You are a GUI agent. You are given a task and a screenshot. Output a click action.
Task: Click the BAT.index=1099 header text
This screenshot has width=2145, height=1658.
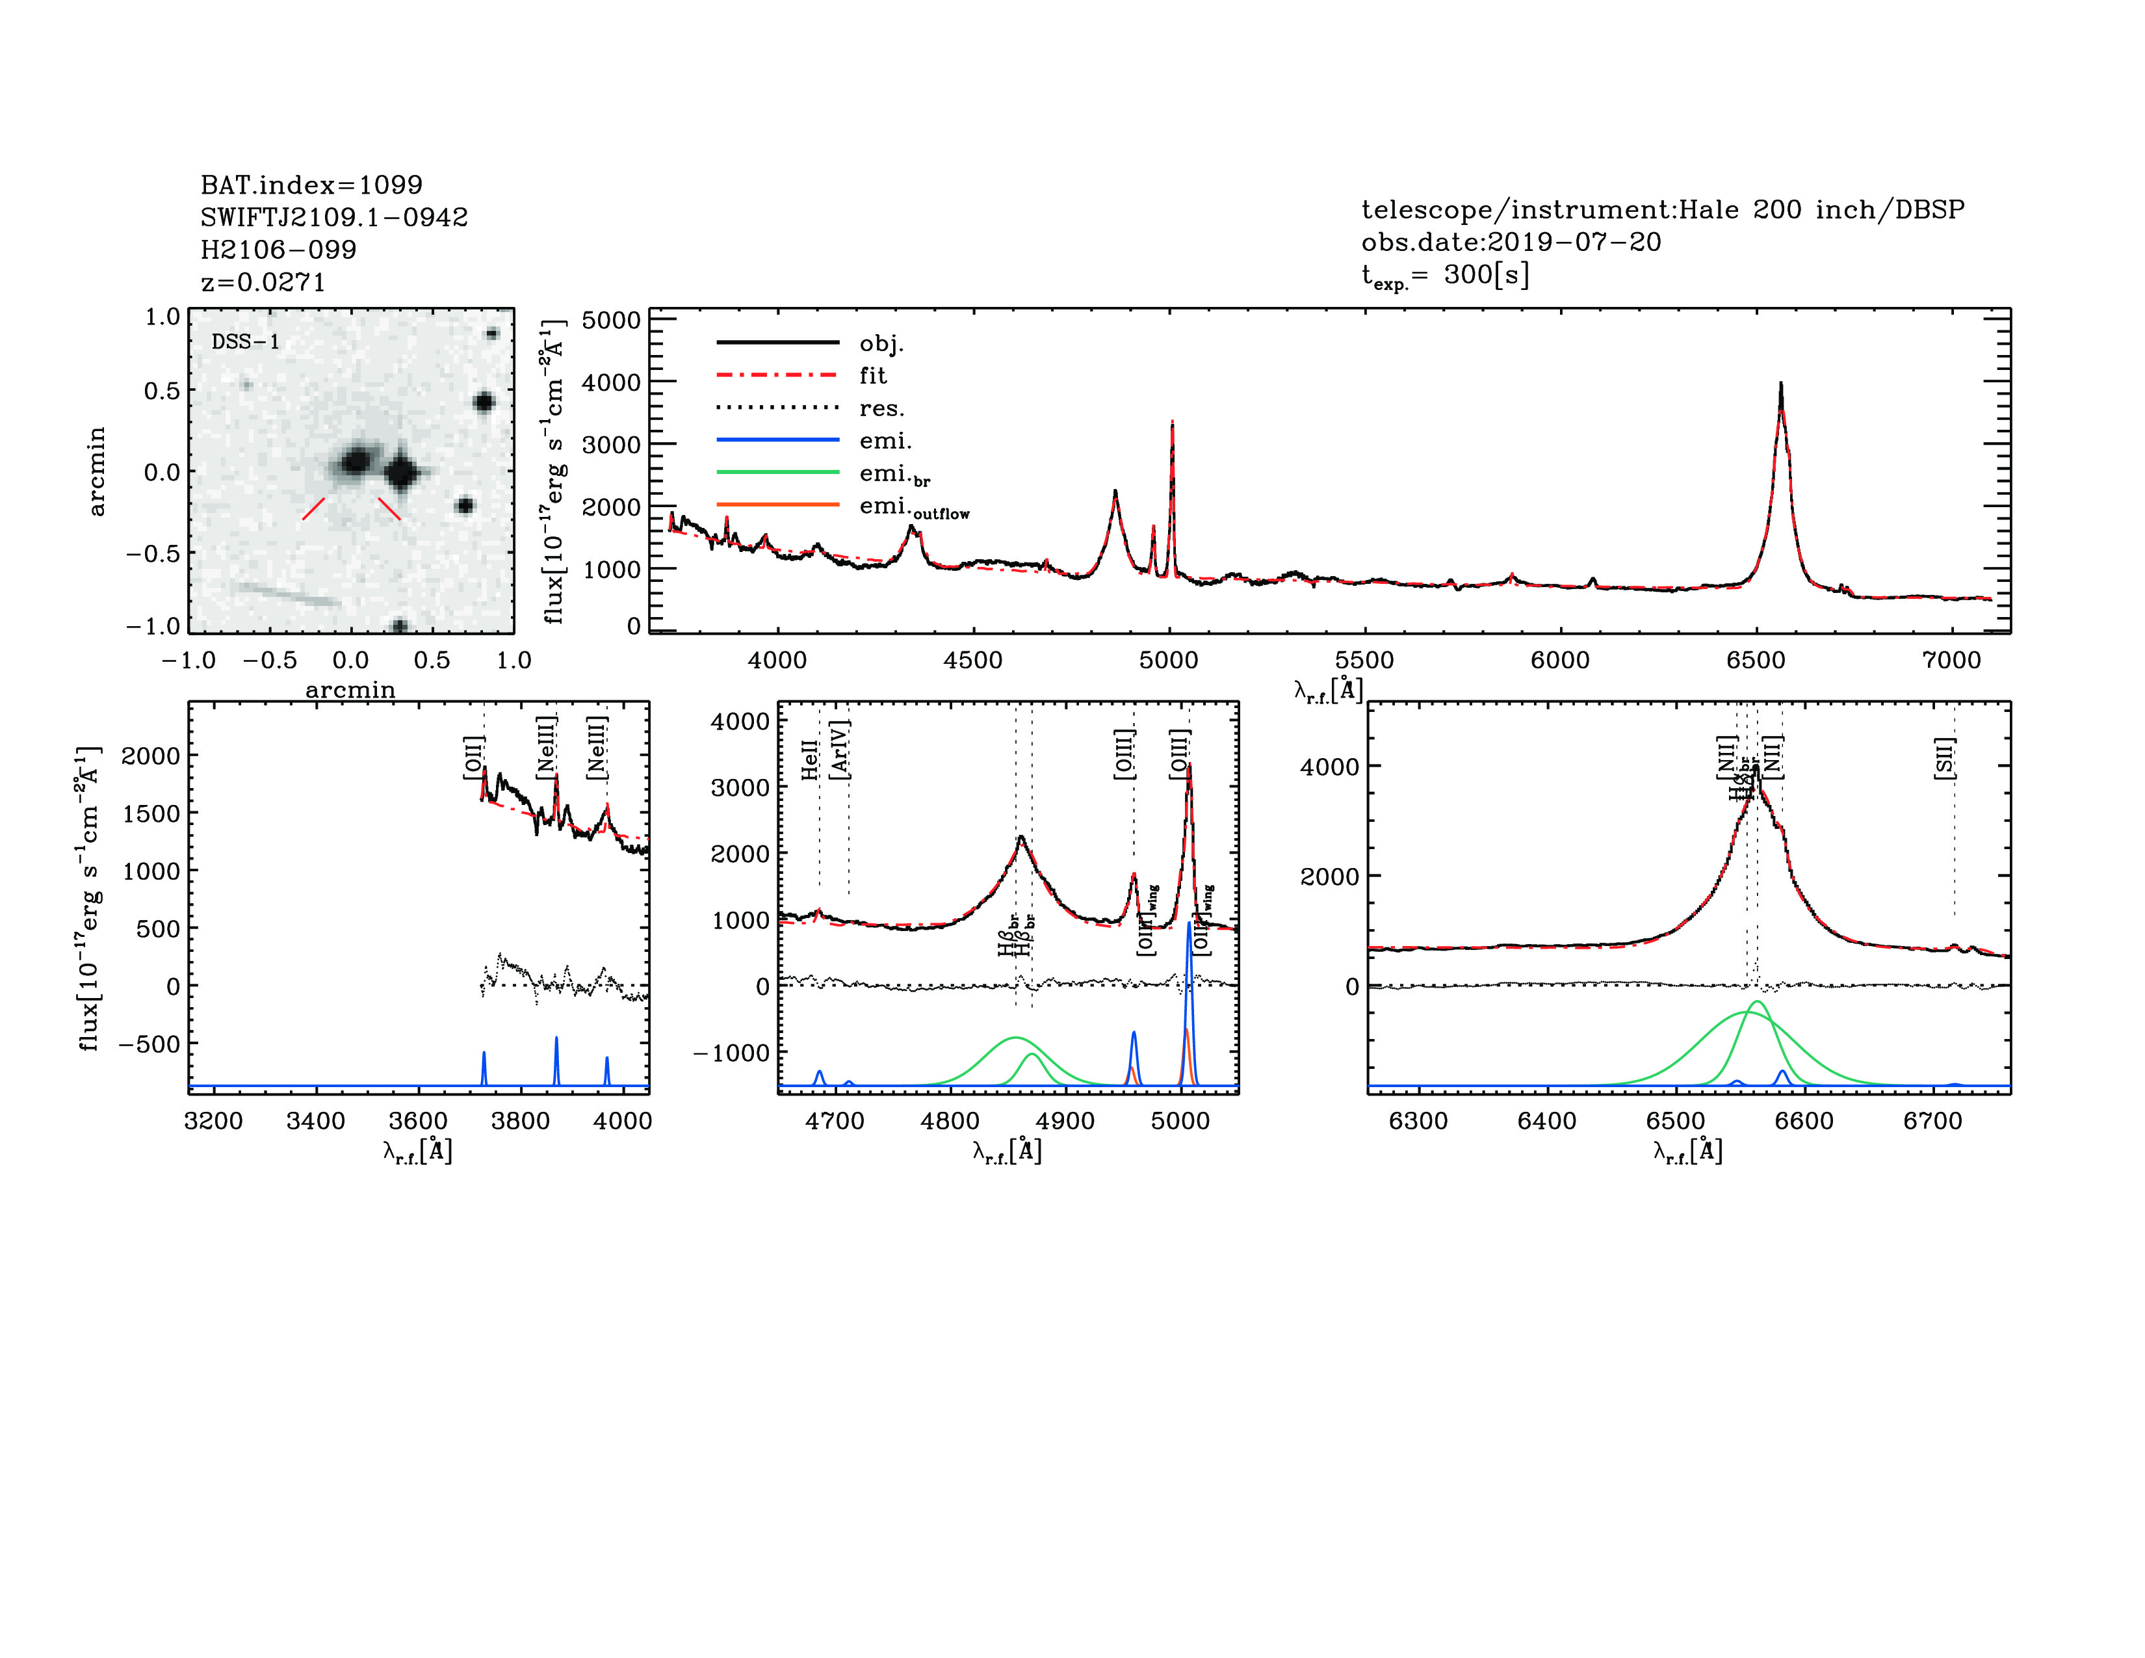(x=311, y=185)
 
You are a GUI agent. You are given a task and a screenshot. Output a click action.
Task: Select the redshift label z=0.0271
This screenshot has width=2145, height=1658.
(x=263, y=282)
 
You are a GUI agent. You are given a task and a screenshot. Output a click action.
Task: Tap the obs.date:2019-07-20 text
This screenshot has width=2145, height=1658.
(x=1511, y=242)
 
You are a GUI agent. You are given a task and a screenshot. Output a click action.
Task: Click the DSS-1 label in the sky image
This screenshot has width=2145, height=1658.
(x=246, y=342)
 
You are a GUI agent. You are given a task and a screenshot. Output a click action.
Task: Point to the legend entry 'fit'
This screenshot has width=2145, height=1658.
(x=872, y=375)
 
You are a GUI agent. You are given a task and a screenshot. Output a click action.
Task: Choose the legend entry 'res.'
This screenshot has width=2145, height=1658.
(x=881, y=408)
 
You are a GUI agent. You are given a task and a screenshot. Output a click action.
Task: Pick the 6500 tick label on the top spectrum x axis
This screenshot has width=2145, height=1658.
(x=1755, y=660)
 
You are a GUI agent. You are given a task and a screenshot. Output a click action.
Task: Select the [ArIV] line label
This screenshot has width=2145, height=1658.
(x=840, y=750)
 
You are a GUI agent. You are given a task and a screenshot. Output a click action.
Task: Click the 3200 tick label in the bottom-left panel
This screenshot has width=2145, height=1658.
(x=213, y=1121)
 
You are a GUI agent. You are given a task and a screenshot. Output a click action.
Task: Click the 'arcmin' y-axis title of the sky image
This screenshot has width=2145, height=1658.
(x=96, y=471)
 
